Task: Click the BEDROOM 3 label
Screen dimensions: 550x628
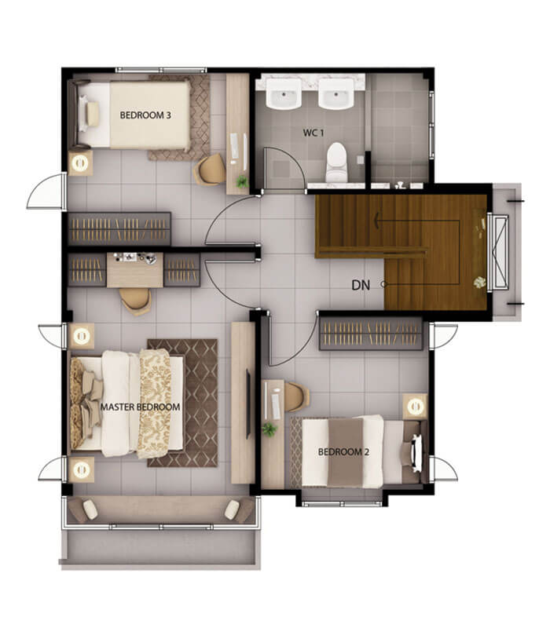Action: tap(145, 115)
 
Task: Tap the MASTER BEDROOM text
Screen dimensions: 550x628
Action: tap(140, 407)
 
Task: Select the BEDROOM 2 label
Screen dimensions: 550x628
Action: tap(343, 452)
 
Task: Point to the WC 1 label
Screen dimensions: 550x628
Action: tap(313, 133)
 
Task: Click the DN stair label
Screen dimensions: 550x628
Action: tap(361, 285)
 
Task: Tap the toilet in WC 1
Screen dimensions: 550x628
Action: tap(336, 162)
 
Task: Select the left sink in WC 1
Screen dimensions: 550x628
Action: tap(284, 93)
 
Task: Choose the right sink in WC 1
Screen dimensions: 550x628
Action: tap(336, 93)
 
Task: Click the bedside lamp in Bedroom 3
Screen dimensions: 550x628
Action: tap(80, 163)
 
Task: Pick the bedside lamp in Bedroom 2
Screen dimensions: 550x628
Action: tap(415, 407)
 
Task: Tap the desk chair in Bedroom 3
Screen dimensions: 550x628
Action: tap(209, 170)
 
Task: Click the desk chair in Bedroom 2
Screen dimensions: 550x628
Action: tap(296, 397)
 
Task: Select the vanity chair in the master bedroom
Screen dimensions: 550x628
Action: tap(135, 300)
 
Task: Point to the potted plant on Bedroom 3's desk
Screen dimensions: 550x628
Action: tap(242, 181)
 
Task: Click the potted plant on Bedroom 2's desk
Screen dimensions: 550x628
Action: tap(269, 429)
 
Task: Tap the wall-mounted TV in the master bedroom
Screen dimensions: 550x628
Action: tap(248, 404)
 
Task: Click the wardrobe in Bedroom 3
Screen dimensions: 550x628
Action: tap(119, 228)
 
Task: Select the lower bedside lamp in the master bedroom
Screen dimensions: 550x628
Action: tap(82, 469)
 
